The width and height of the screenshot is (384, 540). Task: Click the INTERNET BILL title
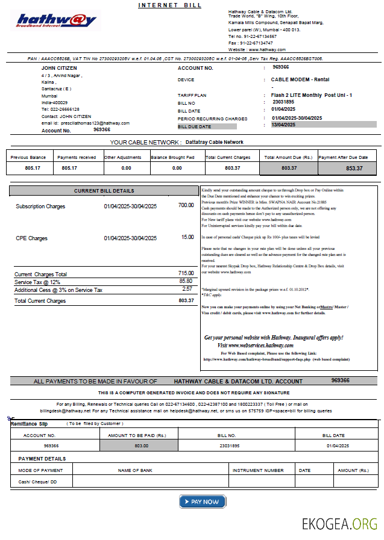click(170, 5)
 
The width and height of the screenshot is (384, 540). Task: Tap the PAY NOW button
click(202, 501)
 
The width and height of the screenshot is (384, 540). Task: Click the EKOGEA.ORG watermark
click(339, 523)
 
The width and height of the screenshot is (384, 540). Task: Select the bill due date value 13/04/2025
click(283, 125)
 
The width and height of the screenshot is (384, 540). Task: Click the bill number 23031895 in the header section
click(285, 102)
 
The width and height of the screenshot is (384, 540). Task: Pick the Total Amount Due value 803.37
click(289, 168)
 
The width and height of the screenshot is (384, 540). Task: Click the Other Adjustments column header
click(126, 157)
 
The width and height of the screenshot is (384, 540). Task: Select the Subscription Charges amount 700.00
click(186, 205)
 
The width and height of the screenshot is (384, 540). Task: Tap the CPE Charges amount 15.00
click(187, 237)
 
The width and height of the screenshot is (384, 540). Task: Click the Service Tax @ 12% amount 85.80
click(186, 281)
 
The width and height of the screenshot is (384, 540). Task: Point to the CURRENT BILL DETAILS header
click(104, 191)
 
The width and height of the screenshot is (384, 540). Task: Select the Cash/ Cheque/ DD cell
click(37, 482)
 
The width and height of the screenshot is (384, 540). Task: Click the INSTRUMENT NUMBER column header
click(258, 470)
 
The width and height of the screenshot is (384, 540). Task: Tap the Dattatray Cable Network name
click(215, 142)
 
